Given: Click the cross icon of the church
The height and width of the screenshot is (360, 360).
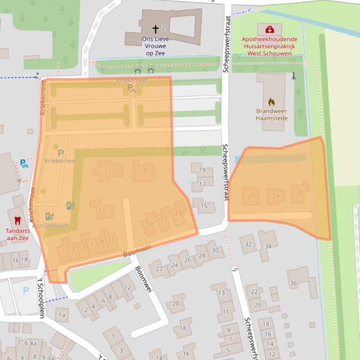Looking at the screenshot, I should (x=155, y=29).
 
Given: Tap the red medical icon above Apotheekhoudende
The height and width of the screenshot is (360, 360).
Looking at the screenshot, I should (x=270, y=29).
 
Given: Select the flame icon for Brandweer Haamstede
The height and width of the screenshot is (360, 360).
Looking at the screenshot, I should (x=272, y=101).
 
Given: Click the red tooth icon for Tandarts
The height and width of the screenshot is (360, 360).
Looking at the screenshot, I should (x=18, y=220).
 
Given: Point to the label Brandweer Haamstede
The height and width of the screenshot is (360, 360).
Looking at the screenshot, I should (x=272, y=115).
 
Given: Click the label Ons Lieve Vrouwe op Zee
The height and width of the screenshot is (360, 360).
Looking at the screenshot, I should (x=155, y=46).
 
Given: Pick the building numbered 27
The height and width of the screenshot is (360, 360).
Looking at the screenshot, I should (x=251, y=196).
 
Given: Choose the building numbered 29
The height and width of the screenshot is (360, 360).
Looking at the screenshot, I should (x=276, y=196).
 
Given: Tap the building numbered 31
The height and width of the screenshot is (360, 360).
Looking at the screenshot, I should (x=300, y=192).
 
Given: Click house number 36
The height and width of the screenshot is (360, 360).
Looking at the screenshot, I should (x=294, y=283).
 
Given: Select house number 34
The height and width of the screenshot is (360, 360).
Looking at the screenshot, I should (x=268, y=246).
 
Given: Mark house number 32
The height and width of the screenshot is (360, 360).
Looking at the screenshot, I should (x=248, y=245).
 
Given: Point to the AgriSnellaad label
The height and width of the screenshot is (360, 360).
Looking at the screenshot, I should (x=51, y=226).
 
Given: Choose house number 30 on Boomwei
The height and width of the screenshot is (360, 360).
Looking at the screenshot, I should (x=215, y=250).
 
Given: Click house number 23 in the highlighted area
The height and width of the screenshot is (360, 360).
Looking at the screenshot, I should (x=178, y=213).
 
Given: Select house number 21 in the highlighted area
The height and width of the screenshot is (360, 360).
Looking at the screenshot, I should (x=164, y=219).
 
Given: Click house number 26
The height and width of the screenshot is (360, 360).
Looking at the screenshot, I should (x=187, y=259).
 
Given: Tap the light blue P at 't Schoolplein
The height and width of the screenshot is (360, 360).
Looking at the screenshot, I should (x=26, y=291).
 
